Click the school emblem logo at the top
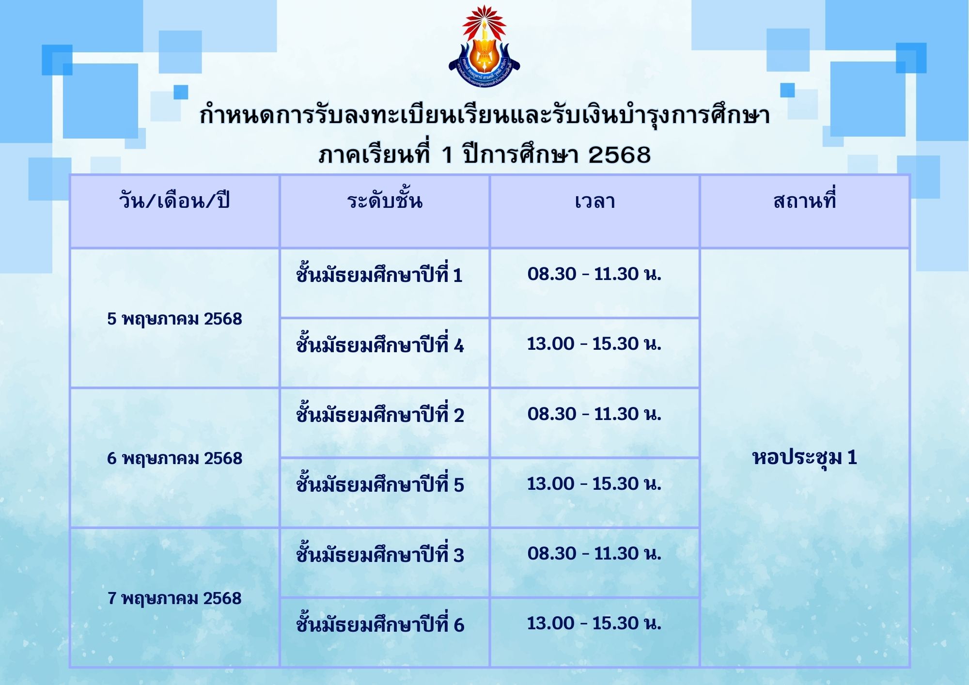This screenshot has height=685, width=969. tap(484, 47)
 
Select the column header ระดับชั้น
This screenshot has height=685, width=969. tap(385, 200)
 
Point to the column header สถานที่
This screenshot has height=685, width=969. tap(805, 200)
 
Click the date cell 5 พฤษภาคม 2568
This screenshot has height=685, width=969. tap(174, 319)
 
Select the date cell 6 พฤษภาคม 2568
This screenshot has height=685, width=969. tap(174, 459)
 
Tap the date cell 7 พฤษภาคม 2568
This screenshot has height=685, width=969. tap(174, 599)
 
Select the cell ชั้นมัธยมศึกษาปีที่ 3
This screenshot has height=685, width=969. tap(380, 554)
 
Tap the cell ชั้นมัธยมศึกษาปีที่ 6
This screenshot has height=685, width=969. tap(380, 623)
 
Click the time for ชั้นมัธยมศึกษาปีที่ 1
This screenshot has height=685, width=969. tap(594, 274)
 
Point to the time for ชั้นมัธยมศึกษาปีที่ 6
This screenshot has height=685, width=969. tap(594, 623)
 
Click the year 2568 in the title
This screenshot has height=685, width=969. tap(619, 155)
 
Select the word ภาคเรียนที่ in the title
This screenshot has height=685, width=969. tap(375, 154)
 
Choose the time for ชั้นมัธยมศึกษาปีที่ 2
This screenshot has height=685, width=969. tap(594, 414)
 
